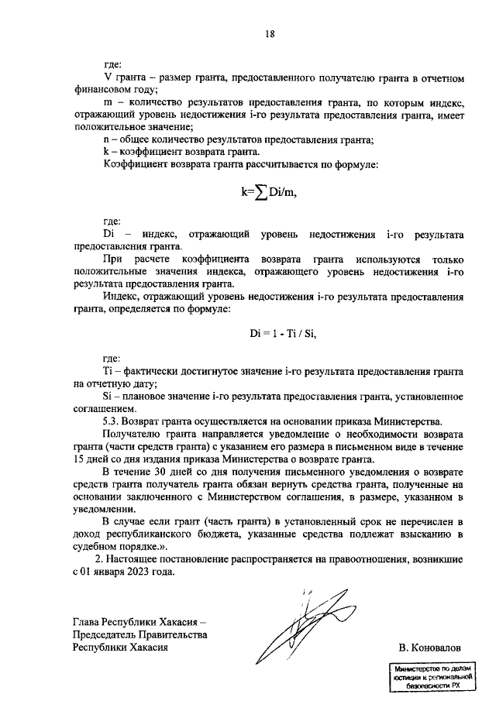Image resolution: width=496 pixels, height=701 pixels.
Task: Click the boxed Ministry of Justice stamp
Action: [428, 676]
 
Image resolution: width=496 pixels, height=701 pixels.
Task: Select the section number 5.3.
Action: [115, 421]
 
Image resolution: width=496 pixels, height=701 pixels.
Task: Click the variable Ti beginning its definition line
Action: [108, 372]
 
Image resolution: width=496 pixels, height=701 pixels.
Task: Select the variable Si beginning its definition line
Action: [108, 397]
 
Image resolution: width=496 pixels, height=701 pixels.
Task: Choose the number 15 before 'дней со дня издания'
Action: [80, 459]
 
